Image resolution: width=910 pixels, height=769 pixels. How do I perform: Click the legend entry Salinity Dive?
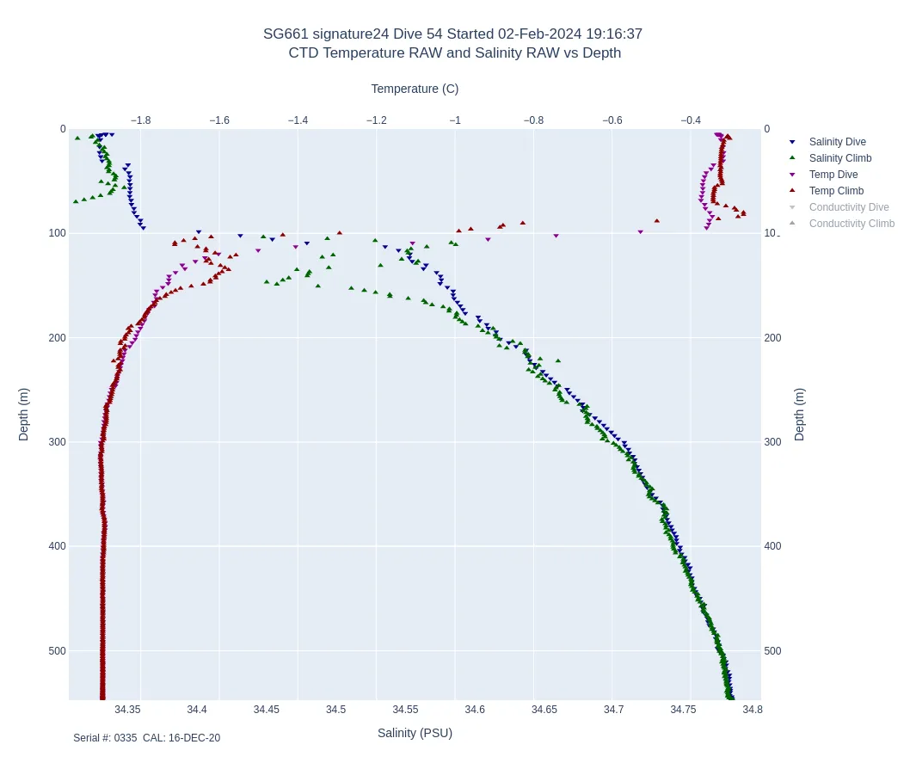837,142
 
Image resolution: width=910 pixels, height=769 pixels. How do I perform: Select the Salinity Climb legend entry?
839,158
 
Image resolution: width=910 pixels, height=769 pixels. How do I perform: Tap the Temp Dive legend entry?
833,175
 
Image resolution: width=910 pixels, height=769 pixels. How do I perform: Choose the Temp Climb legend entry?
836,191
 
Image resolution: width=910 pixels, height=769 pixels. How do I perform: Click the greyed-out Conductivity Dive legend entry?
848,207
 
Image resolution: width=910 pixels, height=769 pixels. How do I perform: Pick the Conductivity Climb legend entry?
852,224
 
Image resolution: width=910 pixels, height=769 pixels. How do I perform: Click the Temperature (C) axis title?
415,89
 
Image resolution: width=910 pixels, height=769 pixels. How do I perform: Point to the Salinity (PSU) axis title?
415,733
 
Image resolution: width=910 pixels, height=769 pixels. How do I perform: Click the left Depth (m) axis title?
23,414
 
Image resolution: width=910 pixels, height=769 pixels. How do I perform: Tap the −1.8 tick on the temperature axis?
140,120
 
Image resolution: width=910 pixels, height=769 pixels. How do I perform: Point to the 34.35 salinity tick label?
127,710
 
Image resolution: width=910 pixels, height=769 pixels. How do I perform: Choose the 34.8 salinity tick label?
753,710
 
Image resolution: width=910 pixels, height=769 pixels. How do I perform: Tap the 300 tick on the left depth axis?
57,442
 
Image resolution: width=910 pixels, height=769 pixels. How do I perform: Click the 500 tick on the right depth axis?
772,651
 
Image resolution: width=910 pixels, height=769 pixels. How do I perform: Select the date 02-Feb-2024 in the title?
539,34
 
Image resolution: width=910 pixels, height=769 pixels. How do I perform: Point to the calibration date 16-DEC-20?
194,738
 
